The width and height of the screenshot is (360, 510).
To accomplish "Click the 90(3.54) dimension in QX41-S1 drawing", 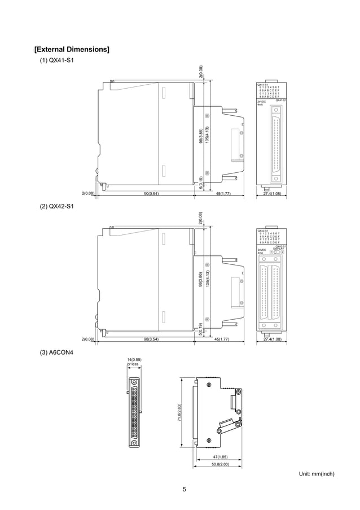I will [151, 194].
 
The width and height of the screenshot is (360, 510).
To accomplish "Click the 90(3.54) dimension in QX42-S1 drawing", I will [151, 339].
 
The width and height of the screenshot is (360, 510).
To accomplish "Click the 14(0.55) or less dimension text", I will [133, 362].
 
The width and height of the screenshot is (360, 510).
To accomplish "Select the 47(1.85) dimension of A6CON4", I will [220, 456].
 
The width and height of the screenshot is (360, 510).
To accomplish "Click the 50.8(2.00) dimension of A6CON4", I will [220, 464].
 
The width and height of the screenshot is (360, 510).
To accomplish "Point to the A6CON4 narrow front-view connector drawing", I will [134, 412].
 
